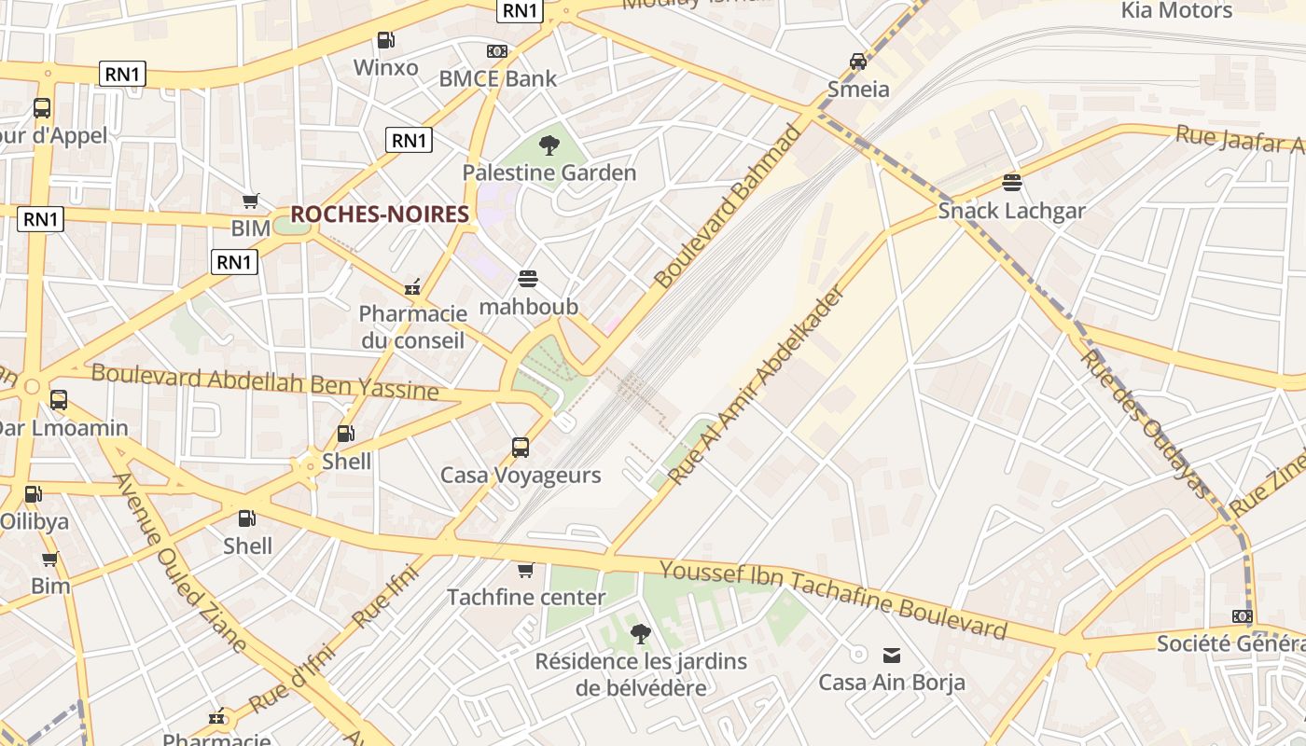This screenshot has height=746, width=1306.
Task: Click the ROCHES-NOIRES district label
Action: point(379,214)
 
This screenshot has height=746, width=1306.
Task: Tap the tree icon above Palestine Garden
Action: point(549,145)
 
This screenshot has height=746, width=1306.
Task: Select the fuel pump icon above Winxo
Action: point(385,40)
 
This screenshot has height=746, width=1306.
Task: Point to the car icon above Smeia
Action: point(857,62)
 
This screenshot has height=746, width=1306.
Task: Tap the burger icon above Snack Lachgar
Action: point(1012,182)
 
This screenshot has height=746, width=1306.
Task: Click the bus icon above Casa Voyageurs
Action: point(521,447)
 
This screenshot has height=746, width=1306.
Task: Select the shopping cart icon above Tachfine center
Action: point(525,569)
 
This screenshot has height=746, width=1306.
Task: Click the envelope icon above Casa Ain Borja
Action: point(892,655)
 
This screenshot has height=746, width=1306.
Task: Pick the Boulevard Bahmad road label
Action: point(728,206)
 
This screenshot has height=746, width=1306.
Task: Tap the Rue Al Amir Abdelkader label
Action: point(757,385)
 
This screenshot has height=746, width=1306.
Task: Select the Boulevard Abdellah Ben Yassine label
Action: point(265,382)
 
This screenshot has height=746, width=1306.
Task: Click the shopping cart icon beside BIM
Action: point(250,200)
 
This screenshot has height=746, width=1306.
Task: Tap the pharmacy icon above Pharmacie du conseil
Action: point(411,287)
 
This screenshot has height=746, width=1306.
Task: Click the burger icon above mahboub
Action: point(528,278)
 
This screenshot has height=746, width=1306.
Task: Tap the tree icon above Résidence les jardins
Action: point(640,634)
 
